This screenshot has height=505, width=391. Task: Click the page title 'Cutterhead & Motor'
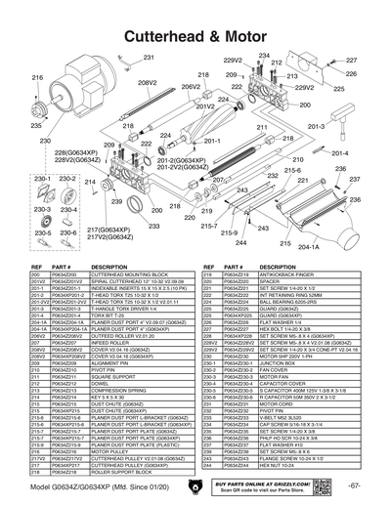pyautogui.click(x=195, y=34)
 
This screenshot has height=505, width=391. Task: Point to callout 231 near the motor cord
pyautogui.click(x=149, y=59)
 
